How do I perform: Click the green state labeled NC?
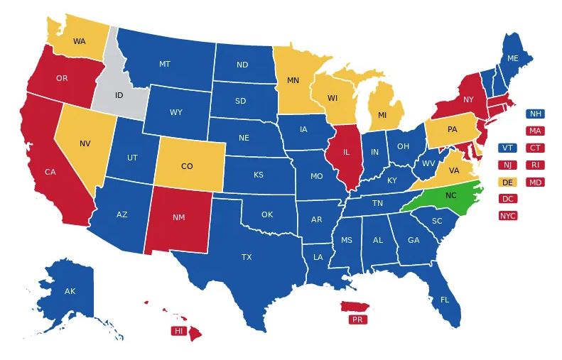point(450,195)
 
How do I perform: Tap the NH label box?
point(535,114)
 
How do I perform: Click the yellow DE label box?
point(507,182)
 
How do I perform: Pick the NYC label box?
point(507,216)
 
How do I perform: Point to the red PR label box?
point(357,320)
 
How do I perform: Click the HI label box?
point(178,331)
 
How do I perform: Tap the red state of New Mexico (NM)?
point(178,217)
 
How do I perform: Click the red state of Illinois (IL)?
point(346,152)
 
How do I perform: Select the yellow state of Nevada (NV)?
point(85,143)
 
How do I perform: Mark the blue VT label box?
point(507,148)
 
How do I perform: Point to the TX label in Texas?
point(247,257)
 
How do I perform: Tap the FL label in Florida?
point(445,300)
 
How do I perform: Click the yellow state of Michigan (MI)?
point(382,115)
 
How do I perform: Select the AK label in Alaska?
point(70,291)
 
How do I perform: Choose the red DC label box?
point(507,199)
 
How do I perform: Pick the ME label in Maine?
point(512,58)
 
